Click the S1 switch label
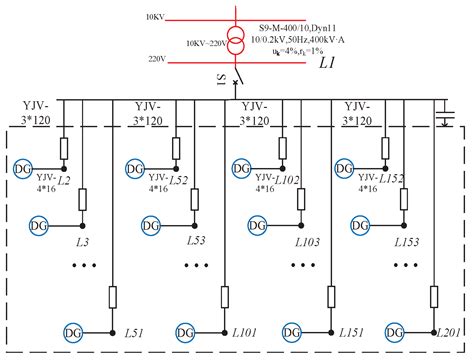(220, 79)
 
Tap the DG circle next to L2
(23, 169)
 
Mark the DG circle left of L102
(240, 169)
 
